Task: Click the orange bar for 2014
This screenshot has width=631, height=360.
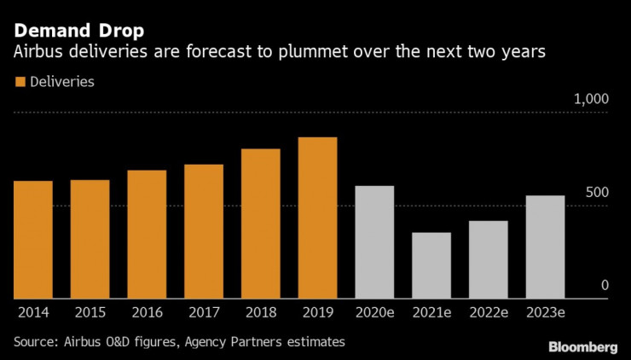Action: tap(32, 240)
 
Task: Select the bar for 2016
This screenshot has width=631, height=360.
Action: tap(147, 235)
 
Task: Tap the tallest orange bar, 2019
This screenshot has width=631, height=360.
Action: tap(317, 218)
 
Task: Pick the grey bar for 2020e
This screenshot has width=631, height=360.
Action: tap(374, 242)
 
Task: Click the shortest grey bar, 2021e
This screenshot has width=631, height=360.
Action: tap(431, 265)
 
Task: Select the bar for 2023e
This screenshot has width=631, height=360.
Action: tap(545, 247)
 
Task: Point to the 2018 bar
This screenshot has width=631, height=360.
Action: tap(260, 224)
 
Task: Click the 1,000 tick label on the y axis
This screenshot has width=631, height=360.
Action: tap(591, 100)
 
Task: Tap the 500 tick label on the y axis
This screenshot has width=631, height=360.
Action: tap(596, 193)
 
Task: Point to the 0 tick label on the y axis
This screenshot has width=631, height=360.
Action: tap(604, 286)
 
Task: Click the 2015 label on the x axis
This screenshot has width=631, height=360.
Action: tap(90, 312)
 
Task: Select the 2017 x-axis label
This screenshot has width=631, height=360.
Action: tap(203, 312)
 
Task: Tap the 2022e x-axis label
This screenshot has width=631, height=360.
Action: tap(488, 312)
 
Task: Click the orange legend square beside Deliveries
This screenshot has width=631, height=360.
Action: tap(19, 82)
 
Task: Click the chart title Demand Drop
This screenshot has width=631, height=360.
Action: tap(78, 32)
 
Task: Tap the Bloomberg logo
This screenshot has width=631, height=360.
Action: tap(582, 346)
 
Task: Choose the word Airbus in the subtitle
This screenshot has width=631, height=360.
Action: tap(37, 53)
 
